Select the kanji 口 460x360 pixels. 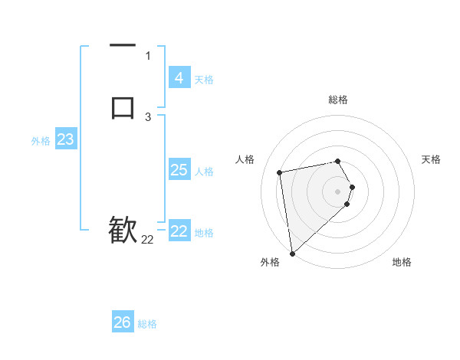(x=123, y=107)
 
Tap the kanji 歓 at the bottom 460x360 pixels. (x=123, y=229)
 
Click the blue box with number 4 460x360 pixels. (x=179, y=77)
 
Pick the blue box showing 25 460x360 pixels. (x=179, y=170)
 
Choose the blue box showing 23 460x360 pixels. (x=65, y=139)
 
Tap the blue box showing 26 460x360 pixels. (x=123, y=322)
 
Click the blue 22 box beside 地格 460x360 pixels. (x=179, y=231)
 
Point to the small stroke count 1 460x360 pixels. (x=148, y=56)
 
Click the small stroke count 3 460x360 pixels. (x=148, y=117)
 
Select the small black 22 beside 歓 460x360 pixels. (x=147, y=240)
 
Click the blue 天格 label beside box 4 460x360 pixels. (x=204, y=79)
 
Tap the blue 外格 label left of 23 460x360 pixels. (x=41, y=141)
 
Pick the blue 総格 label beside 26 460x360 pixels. (x=147, y=324)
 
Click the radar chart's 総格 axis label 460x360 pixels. (x=338, y=100)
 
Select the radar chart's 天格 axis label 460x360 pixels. (x=432, y=159)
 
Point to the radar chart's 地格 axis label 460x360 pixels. (x=402, y=262)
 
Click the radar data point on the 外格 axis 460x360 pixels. (x=292, y=253)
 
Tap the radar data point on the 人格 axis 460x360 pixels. (x=280, y=172)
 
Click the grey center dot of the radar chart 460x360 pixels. (x=338, y=190)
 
